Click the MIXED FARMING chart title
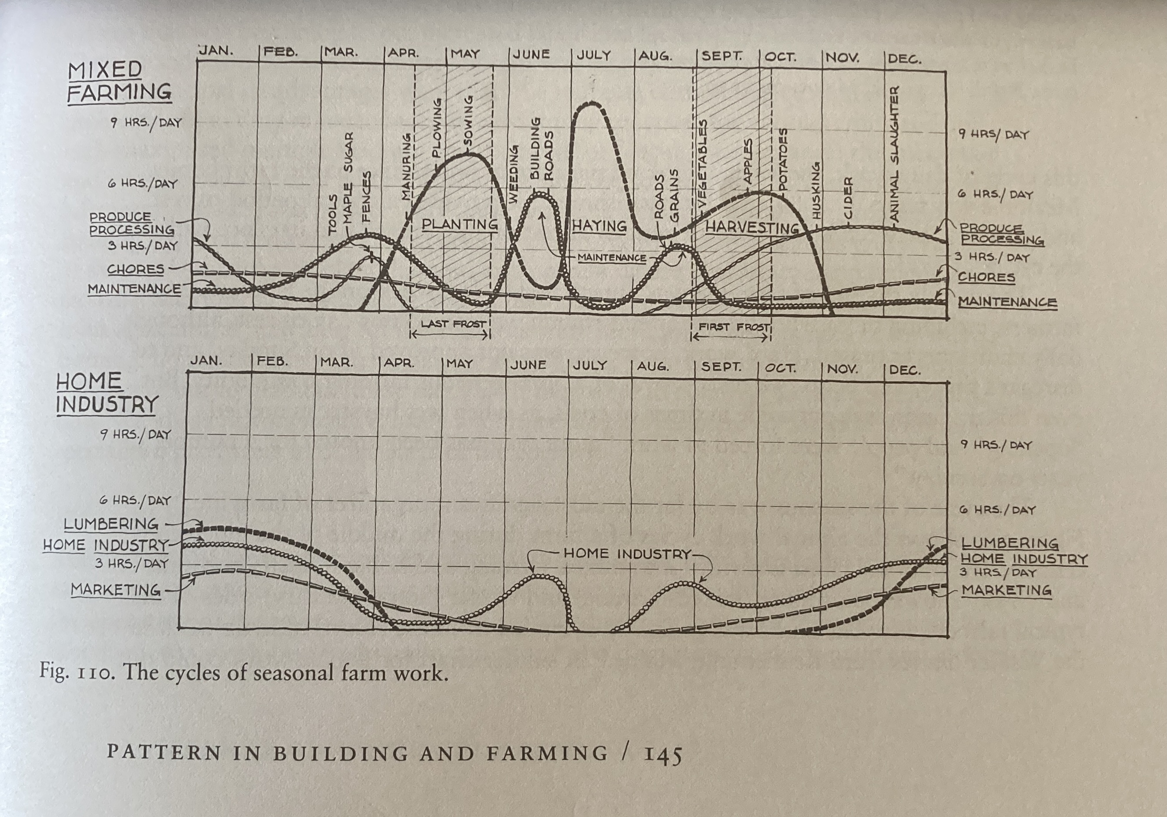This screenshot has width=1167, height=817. tap(119, 81)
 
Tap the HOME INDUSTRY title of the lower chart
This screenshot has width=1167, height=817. tap(107, 393)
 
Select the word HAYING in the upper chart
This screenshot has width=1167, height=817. tap(599, 225)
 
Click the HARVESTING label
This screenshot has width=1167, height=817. tap(752, 227)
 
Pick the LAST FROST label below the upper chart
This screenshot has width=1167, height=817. tap(453, 324)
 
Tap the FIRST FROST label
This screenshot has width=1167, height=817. tap(733, 327)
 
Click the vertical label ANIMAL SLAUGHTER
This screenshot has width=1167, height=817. tap(895, 153)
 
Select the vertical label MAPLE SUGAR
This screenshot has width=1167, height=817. tap(348, 178)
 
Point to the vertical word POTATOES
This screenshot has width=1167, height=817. tap(783, 159)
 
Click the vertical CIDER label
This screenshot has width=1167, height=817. tap(847, 198)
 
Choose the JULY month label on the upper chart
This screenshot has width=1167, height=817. tap(594, 55)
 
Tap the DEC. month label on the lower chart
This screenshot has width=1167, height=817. tap(904, 370)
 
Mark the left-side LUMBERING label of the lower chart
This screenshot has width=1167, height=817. tap(111, 523)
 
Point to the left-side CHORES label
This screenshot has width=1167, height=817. tap(135, 269)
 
